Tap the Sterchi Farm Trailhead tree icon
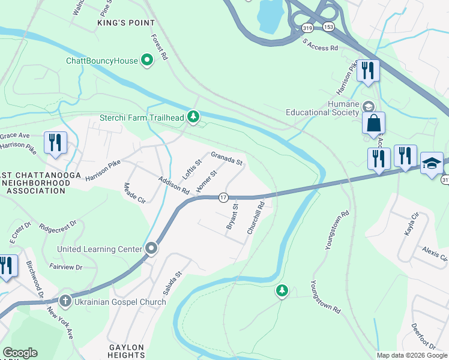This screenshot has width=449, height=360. click(x=193, y=116)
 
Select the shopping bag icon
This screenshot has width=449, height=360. click(x=373, y=124)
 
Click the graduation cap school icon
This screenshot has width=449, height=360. click(x=432, y=163)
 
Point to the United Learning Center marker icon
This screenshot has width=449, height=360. click(x=151, y=248)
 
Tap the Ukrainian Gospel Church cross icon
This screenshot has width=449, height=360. click(x=65, y=301)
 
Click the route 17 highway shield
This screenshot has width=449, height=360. click(x=223, y=197)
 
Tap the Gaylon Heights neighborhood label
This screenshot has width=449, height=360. click(x=127, y=352)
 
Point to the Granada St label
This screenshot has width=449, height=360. click(x=227, y=159)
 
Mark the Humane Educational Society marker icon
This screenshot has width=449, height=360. click(x=369, y=106)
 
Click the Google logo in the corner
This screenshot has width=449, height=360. click(x=20, y=353)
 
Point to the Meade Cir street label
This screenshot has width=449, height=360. click(x=134, y=193)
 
